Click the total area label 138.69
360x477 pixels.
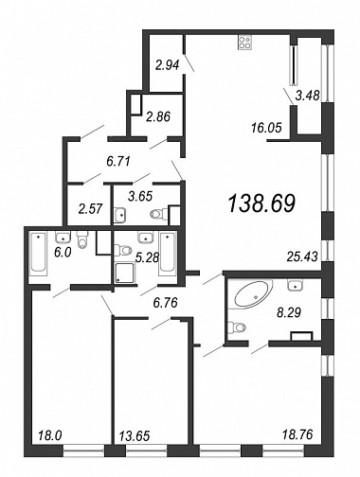tap(261, 203)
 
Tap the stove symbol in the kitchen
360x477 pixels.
tap(244, 43)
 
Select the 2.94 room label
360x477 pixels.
tap(168, 65)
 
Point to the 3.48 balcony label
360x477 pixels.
tap(308, 95)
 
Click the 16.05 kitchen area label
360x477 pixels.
tap(266, 128)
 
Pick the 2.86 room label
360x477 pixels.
tap(158, 116)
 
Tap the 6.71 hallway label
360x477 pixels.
tap(118, 162)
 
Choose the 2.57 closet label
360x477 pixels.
tap(91, 209)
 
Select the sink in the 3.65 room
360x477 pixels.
tap(120, 216)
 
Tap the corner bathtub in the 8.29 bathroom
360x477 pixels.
tap(253, 293)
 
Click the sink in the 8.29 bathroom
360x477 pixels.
tap(296, 285)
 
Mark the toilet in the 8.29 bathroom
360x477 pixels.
tap(237, 327)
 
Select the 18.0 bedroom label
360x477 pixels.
tap(49, 435)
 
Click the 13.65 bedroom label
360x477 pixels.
tap(135, 436)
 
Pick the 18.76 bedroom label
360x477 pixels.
tap(297, 434)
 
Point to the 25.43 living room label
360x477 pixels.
tap(302, 256)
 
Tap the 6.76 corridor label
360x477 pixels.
tap(165, 303)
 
